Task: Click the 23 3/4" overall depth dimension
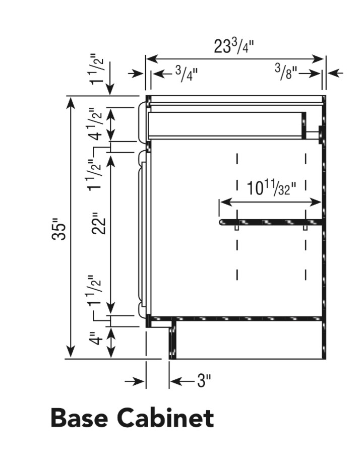[x=234, y=46]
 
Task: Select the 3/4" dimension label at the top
[x=187, y=74]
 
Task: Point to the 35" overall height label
[x=60, y=229]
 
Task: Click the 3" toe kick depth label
[x=203, y=381]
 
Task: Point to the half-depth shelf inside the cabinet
[x=270, y=222]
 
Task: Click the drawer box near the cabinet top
[x=227, y=124]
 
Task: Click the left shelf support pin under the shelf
[x=237, y=228]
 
